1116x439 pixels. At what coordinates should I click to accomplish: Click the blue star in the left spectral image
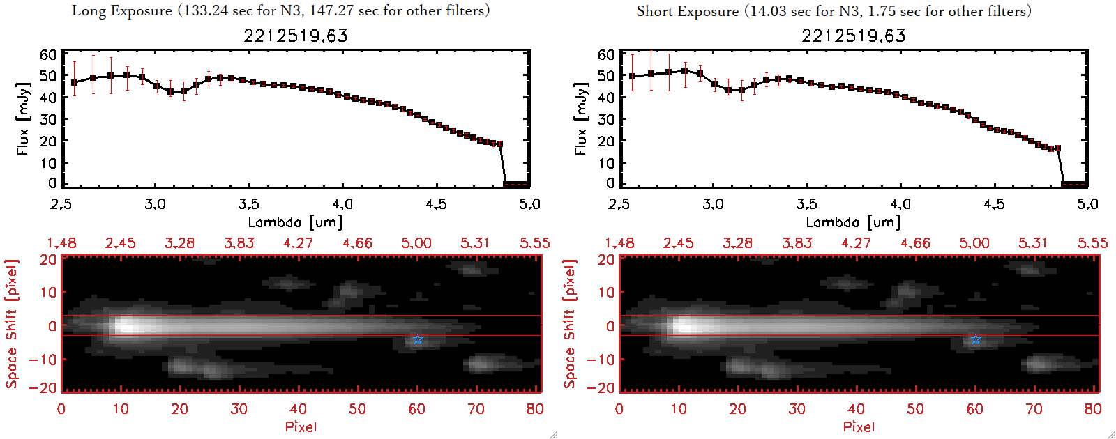tap(418, 339)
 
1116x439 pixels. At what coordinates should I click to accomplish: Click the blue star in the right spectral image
tap(976, 339)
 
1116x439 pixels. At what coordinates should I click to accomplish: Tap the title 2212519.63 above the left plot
tap(296, 36)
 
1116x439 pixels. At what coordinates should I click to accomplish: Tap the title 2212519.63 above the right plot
tap(854, 36)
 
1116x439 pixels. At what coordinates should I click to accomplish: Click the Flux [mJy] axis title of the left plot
tap(23, 118)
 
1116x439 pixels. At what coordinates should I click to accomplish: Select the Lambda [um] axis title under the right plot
tap(853, 222)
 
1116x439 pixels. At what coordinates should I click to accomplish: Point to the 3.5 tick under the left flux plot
tap(248, 204)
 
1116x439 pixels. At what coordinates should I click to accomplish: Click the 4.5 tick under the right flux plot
tap(994, 204)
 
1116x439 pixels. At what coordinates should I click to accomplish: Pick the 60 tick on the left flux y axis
tap(48, 54)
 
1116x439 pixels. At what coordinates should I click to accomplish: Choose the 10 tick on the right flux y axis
tap(606, 162)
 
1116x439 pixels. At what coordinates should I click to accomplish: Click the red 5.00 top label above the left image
tap(416, 243)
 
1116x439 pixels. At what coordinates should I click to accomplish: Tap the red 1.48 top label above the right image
tap(619, 243)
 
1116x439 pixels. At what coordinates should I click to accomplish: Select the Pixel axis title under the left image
tap(301, 426)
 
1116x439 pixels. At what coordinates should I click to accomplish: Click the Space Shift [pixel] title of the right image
tap(570, 324)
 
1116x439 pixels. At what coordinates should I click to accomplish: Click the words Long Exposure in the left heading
tap(122, 10)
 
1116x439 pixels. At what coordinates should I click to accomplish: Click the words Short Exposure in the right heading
tap(687, 11)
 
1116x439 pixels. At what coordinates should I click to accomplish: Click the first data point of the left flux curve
tap(75, 82)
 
